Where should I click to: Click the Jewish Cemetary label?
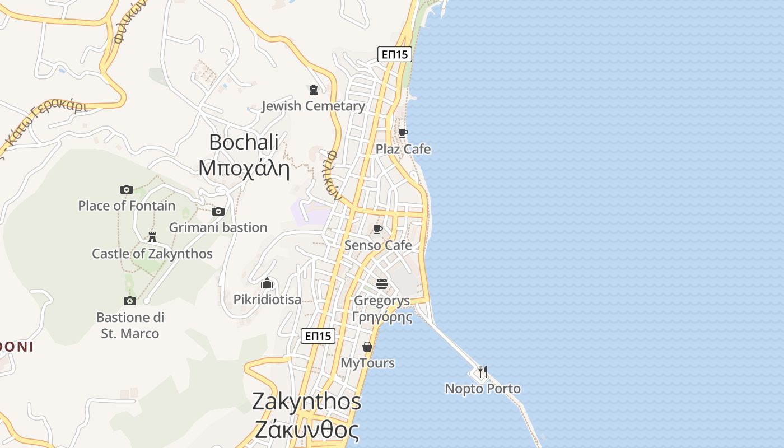(x=313, y=106)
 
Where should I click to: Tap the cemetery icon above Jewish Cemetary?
(x=314, y=90)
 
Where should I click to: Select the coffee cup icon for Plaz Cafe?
(x=403, y=133)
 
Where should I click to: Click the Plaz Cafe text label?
(x=403, y=149)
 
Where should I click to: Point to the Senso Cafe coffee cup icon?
(x=378, y=228)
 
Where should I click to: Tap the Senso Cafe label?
(x=378, y=245)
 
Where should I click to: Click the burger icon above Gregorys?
(x=382, y=284)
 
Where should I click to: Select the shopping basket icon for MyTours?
(x=367, y=347)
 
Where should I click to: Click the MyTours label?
(x=368, y=363)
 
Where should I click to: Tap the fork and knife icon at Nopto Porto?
(x=482, y=372)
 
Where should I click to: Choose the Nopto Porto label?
(x=483, y=389)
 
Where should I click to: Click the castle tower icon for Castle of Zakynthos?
(x=152, y=237)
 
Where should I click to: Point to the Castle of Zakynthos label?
(x=152, y=254)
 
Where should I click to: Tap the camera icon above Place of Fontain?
(x=127, y=189)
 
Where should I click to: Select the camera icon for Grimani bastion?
(x=218, y=211)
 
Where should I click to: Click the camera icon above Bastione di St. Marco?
(x=130, y=301)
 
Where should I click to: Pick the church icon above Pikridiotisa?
(x=267, y=283)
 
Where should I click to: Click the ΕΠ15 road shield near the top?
(x=395, y=54)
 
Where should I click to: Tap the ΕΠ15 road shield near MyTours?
(x=318, y=336)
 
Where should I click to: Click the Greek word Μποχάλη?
(x=244, y=168)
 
